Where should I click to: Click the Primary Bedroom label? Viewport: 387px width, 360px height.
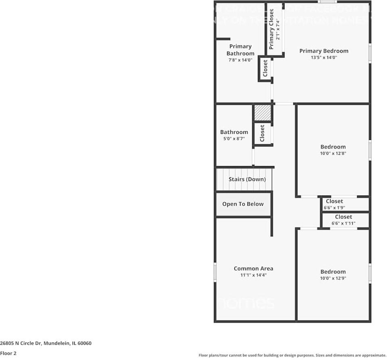[x=324, y=51]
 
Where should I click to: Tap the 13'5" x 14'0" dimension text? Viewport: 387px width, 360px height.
[x=324, y=58]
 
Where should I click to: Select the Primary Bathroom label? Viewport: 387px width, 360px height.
[x=240, y=50]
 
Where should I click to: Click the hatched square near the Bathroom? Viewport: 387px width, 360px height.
[x=262, y=113]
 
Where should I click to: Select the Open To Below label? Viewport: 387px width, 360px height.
[x=243, y=204]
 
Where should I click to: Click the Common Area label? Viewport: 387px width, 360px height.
[x=253, y=268]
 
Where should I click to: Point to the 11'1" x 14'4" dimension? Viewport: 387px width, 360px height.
[x=253, y=275]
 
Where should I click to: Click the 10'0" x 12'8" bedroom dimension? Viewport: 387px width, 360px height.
[x=333, y=154]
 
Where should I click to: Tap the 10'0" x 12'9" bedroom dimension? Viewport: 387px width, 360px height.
[x=333, y=278]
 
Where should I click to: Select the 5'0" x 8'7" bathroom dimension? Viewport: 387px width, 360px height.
[x=234, y=139]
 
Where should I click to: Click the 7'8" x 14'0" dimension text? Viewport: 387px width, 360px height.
[x=240, y=60]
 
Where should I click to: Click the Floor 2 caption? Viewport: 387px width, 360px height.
[x=8, y=353]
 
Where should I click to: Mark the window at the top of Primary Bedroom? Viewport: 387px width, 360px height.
[x=327, y=2]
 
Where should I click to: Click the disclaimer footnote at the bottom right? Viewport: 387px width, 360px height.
[x=292, y=355]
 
